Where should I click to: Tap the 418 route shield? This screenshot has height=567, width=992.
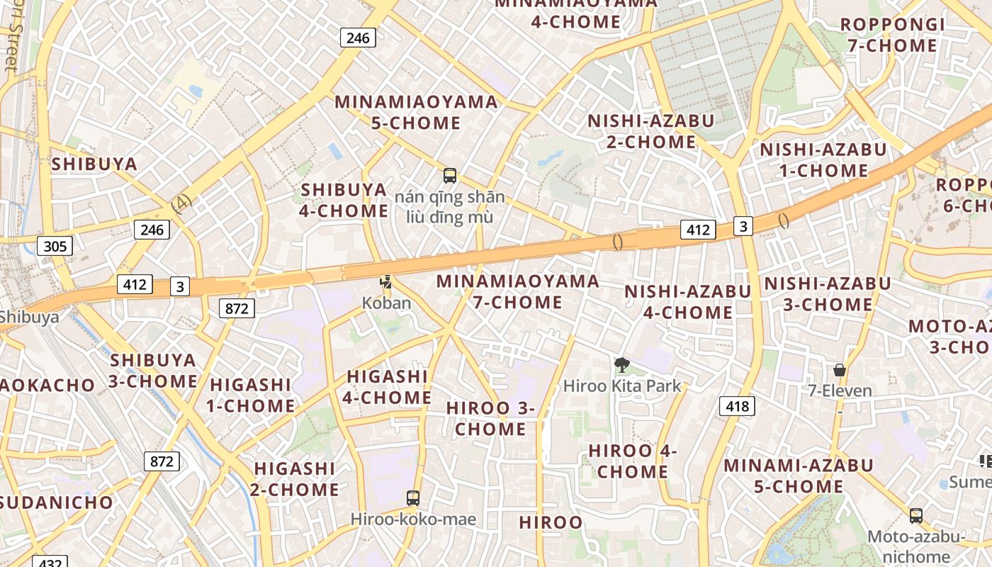point(737,406)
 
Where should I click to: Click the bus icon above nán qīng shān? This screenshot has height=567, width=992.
point(449,175)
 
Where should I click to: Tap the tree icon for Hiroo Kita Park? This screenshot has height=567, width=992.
point(621,365)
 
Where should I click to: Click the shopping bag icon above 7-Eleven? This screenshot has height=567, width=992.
point(840,370)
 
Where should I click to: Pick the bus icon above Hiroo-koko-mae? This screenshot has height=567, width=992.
point(413,498)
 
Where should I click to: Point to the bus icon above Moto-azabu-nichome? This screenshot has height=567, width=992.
point(916,515)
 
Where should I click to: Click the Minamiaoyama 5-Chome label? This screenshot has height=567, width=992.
point(417,112)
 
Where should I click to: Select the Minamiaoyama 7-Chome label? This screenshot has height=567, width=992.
point(517,291)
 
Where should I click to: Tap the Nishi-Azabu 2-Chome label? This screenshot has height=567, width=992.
point(650,131)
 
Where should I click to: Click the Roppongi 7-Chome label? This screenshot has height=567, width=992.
point(892,35)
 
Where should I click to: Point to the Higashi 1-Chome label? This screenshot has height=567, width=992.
point(251,395)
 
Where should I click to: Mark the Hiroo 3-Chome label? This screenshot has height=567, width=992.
point(490,418)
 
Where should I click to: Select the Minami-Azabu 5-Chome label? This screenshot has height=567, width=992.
point(798,476)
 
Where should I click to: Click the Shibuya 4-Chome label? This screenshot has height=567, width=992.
point(344,200)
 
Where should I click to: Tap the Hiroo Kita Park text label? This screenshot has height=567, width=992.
point(622,386)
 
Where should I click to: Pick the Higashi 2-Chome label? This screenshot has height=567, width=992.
point(295,479)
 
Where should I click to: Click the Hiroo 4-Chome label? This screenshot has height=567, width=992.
point(629,461)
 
